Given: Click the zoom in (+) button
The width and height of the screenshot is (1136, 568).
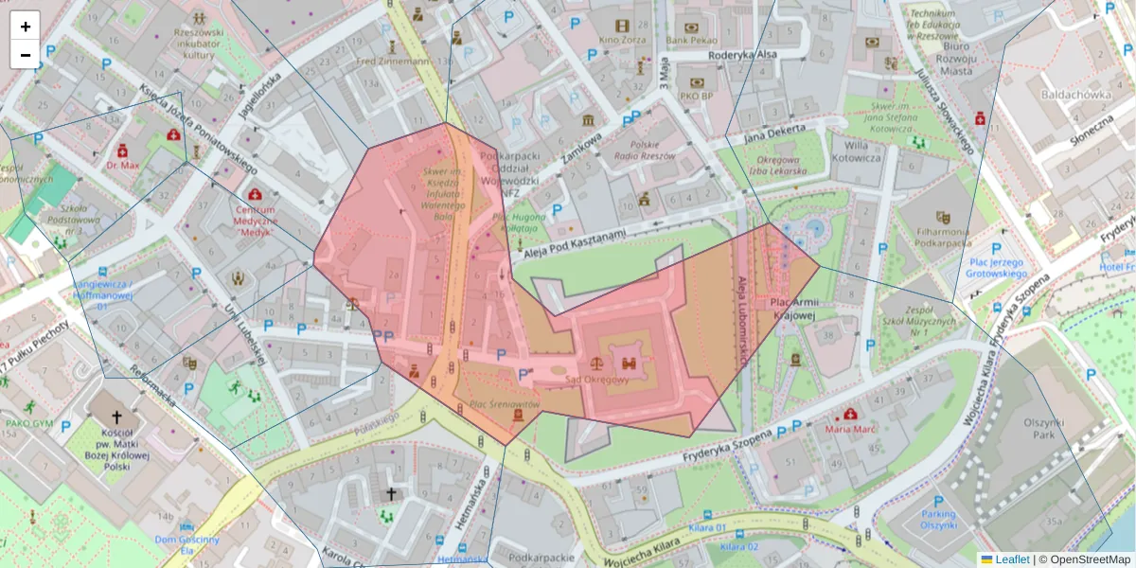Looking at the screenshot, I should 26,27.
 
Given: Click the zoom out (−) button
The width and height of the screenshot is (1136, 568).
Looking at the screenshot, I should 26,55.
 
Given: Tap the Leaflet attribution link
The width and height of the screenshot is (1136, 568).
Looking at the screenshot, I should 1012,559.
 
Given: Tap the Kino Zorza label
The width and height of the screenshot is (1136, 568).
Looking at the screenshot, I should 621,41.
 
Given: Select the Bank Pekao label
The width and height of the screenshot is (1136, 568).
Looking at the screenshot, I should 691,41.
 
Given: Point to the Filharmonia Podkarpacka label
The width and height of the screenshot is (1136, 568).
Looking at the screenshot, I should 942,238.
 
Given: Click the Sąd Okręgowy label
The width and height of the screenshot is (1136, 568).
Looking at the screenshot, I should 596,380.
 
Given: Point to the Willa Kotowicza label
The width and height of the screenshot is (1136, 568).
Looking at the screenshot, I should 862,151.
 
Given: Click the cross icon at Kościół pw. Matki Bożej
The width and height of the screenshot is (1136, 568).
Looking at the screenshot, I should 117,417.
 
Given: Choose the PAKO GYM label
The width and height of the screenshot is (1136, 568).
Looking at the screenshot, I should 28,424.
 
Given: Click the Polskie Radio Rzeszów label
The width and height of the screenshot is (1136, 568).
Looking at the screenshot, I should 644,150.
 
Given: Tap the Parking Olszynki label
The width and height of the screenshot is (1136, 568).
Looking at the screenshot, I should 939,519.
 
